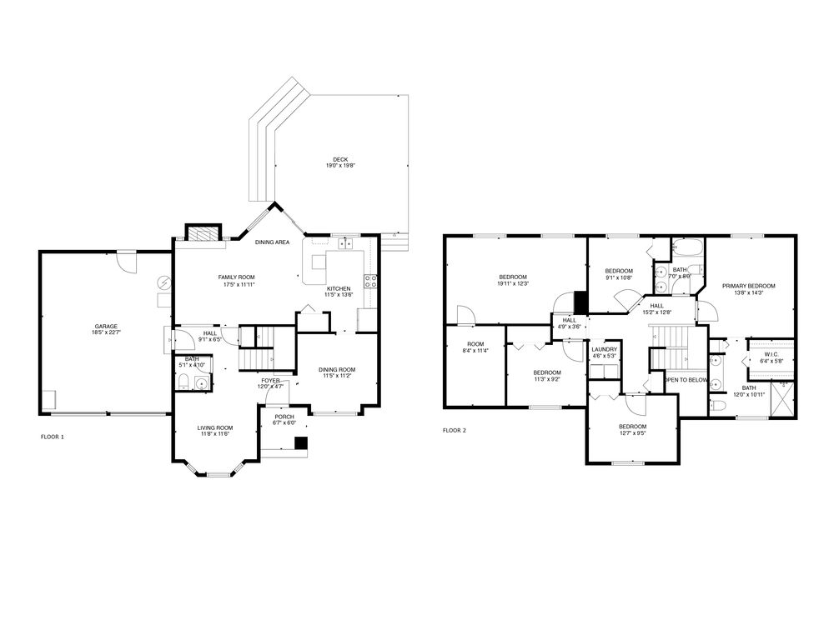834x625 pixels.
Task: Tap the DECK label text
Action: pos(339,162)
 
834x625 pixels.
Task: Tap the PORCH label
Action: pos(284,419)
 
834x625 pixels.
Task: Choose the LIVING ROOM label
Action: pos(214,431)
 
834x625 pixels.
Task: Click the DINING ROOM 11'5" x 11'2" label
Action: pos(338,372)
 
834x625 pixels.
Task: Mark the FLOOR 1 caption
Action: pos(52,437)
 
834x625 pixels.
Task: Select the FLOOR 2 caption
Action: pos(454,431)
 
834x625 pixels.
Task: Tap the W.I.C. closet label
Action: pos(770,358)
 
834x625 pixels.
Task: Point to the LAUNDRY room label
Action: pos(604,352)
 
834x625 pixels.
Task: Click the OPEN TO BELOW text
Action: pos(686,380)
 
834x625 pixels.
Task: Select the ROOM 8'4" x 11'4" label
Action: pos(475,347)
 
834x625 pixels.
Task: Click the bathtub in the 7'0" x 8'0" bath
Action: pos(688,248)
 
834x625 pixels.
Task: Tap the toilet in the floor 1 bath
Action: pos(184,383)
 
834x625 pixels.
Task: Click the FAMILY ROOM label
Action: pos(236,281)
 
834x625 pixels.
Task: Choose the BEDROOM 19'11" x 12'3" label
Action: pos(513,281)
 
